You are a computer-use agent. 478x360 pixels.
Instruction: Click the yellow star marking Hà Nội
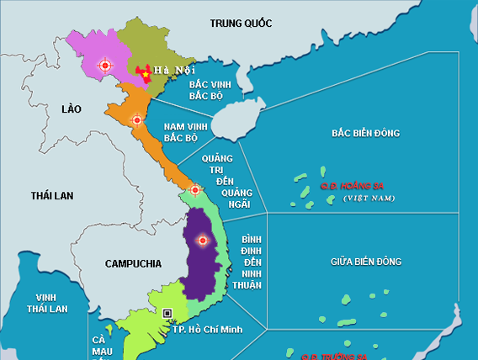[146, 75]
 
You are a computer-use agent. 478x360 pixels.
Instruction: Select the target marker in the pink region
[105, 64]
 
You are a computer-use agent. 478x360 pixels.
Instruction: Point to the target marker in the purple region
[201, 241]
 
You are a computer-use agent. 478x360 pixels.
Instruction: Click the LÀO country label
[74, 109]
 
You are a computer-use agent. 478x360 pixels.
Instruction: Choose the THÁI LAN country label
[52, 195]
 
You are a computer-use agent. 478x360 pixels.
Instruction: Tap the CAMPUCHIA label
[133, 263]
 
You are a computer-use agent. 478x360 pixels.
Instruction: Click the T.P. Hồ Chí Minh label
[207, 329]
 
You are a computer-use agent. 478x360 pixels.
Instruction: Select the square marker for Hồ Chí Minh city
[167, 313]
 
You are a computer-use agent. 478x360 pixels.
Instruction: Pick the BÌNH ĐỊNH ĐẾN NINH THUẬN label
[252, 251]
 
